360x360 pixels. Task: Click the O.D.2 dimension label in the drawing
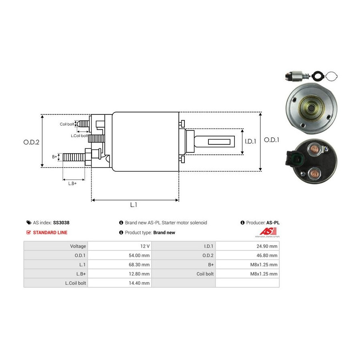tap(31, 142)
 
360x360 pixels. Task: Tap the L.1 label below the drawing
tap(134, 204)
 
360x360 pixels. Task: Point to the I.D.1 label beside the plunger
tap(250, 141)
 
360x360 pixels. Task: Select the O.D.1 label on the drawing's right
tap(271, 140)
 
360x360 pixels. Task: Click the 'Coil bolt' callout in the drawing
tap(67, 124)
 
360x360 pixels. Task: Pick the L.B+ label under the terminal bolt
tap(72, 184)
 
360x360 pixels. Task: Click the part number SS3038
tap(61, 222)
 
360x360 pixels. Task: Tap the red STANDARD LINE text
tap(50, 232)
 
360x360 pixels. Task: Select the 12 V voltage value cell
tap(145, 246)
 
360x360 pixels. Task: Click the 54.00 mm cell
tap(139, 255)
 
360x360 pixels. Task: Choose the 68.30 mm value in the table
tap(139, 264)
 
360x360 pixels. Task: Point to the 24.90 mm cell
tap(267, 246)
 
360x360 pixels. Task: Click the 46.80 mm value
tap(267, 255)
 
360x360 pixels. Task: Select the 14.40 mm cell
tap(139, 283)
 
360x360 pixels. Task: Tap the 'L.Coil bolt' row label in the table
tap(76, 283)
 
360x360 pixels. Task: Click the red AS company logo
tap(268, 232)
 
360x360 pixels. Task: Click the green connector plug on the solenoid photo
tap(299, 158)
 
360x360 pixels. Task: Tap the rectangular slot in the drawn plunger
tap(219, 142)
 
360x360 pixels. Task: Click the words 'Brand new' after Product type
tap(164, 232)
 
